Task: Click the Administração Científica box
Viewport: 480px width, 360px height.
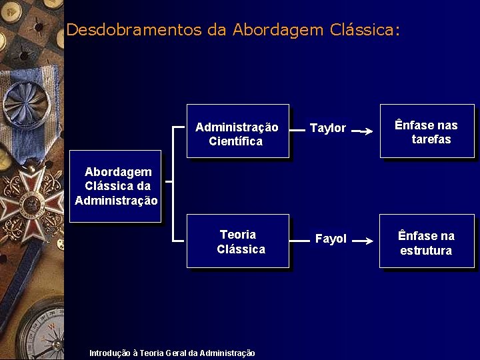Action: [237, 131]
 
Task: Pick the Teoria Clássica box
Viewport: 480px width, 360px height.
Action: [237, 241]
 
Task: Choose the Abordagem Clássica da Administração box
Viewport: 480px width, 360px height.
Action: [116, 186]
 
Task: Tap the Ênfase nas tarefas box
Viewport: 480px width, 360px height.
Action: [427, 131]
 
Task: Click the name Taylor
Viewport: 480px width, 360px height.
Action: [328, 128]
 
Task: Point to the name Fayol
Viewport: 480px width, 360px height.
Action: [331, 239]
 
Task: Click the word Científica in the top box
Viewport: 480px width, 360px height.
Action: [235, 141]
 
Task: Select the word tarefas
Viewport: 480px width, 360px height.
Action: [431, 139]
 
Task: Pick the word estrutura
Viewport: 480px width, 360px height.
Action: [426, 251]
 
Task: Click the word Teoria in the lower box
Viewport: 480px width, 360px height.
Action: [238, 234]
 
